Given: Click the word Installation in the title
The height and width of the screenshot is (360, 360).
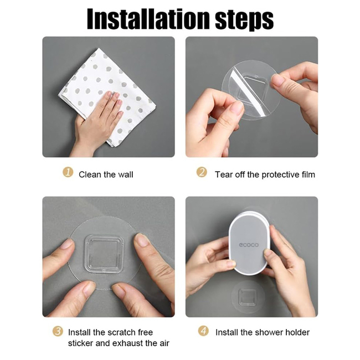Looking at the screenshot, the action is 148,19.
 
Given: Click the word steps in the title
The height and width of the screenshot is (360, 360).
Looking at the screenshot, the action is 244,20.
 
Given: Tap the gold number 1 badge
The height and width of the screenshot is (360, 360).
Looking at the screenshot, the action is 68,172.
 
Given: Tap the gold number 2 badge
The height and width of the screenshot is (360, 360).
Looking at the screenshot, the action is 202,172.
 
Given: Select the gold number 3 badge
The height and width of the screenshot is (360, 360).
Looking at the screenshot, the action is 58,331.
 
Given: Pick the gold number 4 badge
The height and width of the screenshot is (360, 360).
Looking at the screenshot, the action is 203,331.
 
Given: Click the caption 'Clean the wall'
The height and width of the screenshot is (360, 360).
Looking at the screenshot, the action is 106,174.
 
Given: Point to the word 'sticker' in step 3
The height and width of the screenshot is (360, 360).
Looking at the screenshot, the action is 80,343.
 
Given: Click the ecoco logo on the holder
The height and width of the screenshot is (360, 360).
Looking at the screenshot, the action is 249,245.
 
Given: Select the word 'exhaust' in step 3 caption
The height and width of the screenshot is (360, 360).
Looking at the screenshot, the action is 128,343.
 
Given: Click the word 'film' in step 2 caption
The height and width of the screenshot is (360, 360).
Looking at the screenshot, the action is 308,174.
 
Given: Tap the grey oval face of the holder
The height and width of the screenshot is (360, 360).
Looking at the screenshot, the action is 249,244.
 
